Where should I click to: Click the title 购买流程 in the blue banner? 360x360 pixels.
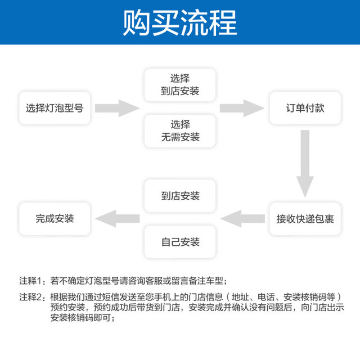pos(180,22)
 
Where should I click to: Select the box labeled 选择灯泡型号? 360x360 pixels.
pos(55,108)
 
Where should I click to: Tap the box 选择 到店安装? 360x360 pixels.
pos(180,85)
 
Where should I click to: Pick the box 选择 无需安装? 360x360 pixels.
pos(180,131)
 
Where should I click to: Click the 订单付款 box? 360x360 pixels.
pos(305,108)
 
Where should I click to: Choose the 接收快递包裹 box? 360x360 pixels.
pos(305,219)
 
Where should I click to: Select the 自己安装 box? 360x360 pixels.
pos(180,242)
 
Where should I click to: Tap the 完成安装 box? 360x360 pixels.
pos(55,219)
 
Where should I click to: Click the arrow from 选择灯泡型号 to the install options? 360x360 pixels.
pos(117,108)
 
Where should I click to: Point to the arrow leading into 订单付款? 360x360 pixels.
pos(242,108)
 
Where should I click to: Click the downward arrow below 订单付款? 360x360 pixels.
pos(305,164)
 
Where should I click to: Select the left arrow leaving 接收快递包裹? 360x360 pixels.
pos(242,219)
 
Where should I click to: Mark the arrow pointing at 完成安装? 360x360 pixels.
pos(118,219)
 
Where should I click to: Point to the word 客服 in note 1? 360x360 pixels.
pos(154,281)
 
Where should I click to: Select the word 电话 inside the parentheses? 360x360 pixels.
pos(266,297)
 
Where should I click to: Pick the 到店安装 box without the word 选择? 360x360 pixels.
pos(180,196)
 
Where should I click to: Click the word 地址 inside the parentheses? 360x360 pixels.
pos(240,297)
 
